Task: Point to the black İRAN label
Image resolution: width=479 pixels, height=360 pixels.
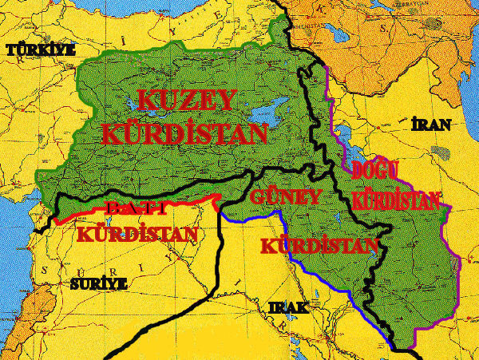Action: pyautogui.click(x=431, y=125)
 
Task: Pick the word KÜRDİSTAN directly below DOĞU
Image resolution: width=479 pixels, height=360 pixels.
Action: pyautogui.click(x=395, y=199)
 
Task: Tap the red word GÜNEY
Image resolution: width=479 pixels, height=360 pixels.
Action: pyautogui.click(x=285, y=196)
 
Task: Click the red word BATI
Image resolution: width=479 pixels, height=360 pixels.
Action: pyautogui.click(x=136, y=209)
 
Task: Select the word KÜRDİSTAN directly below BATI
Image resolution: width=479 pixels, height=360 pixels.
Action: pyautogui.click(x=137, y=235)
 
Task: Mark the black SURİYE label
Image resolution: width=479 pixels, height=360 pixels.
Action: pyautogui.click(x=98, y=283)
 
